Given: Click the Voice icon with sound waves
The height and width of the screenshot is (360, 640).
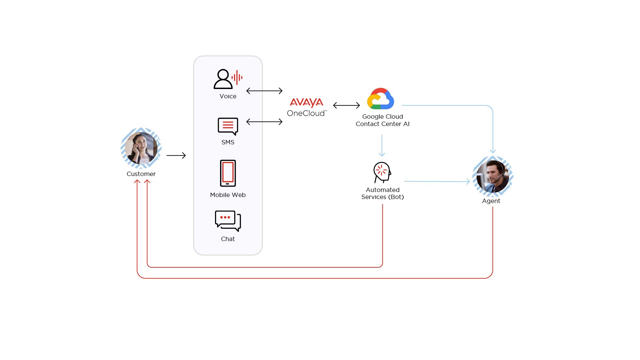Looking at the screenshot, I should tap(228, 79).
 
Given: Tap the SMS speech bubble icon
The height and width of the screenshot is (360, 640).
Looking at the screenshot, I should tap(228, 126).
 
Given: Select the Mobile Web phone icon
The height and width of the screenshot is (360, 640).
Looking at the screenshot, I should tap(228, 173).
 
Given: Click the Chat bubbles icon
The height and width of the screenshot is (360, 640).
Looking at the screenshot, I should tap(228, 221).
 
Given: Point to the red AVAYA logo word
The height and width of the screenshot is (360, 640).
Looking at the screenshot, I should tap(306, 102).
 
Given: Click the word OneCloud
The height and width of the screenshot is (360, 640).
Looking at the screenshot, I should tap(306, 113).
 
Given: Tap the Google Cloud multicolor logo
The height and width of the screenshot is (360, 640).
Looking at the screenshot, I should tap(380, 99).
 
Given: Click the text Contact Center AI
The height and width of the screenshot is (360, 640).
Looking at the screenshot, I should tap(382, 124).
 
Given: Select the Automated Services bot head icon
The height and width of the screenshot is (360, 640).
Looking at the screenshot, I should tap(382, 172).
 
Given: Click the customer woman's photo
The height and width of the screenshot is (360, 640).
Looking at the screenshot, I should tap(141, 148).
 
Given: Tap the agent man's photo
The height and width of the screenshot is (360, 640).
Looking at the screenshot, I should tap(492, 176).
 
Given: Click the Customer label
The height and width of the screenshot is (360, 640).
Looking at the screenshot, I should tap(141, 174).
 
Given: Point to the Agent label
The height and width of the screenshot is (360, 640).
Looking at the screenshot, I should tap(491, 201).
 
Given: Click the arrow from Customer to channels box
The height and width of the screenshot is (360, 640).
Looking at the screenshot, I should tap(176, 155).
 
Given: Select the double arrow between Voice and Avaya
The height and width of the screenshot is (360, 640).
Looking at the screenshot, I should tap(264, 91).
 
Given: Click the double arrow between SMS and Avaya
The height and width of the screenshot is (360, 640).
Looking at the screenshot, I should tap(264, 122).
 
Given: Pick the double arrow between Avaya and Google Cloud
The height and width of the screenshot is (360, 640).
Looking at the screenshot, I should tap(346, 105).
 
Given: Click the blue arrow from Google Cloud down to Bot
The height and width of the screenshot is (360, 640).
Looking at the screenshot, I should tap(382, 145).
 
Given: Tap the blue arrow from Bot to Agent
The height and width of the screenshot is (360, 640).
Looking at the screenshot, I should tap(437, 181).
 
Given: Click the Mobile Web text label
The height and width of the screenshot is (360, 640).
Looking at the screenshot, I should tap(228, 195).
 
